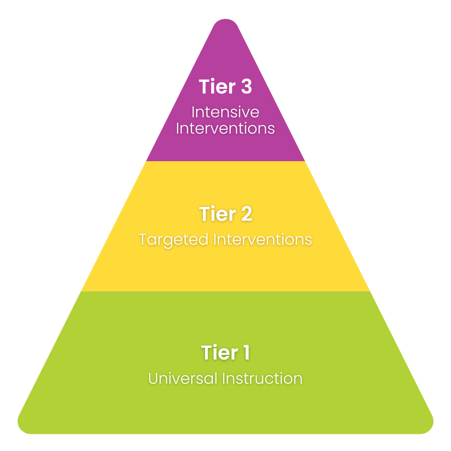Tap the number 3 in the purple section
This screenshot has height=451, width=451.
[x=244, y=87]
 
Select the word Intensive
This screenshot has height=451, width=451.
[x=225, y=112]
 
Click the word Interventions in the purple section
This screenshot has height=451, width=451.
[x=225, y=128]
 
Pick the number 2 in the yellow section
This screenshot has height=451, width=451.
[x=245, y=214]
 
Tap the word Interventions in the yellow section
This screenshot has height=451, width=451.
[x=263, y=240]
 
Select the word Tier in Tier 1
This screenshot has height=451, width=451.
[x=217, y=353]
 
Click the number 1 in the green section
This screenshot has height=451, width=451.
[x=245, y=353]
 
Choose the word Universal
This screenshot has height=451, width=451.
[x=183, y=379]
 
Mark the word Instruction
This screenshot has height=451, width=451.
[x=262, y=379]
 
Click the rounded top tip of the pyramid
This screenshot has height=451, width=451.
[x=225, y=22]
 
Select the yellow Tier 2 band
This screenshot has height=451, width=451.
[x=225, y=267]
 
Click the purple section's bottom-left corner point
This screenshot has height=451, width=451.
[x=146, y=161]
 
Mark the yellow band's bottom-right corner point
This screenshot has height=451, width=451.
[x=370, y=291]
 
